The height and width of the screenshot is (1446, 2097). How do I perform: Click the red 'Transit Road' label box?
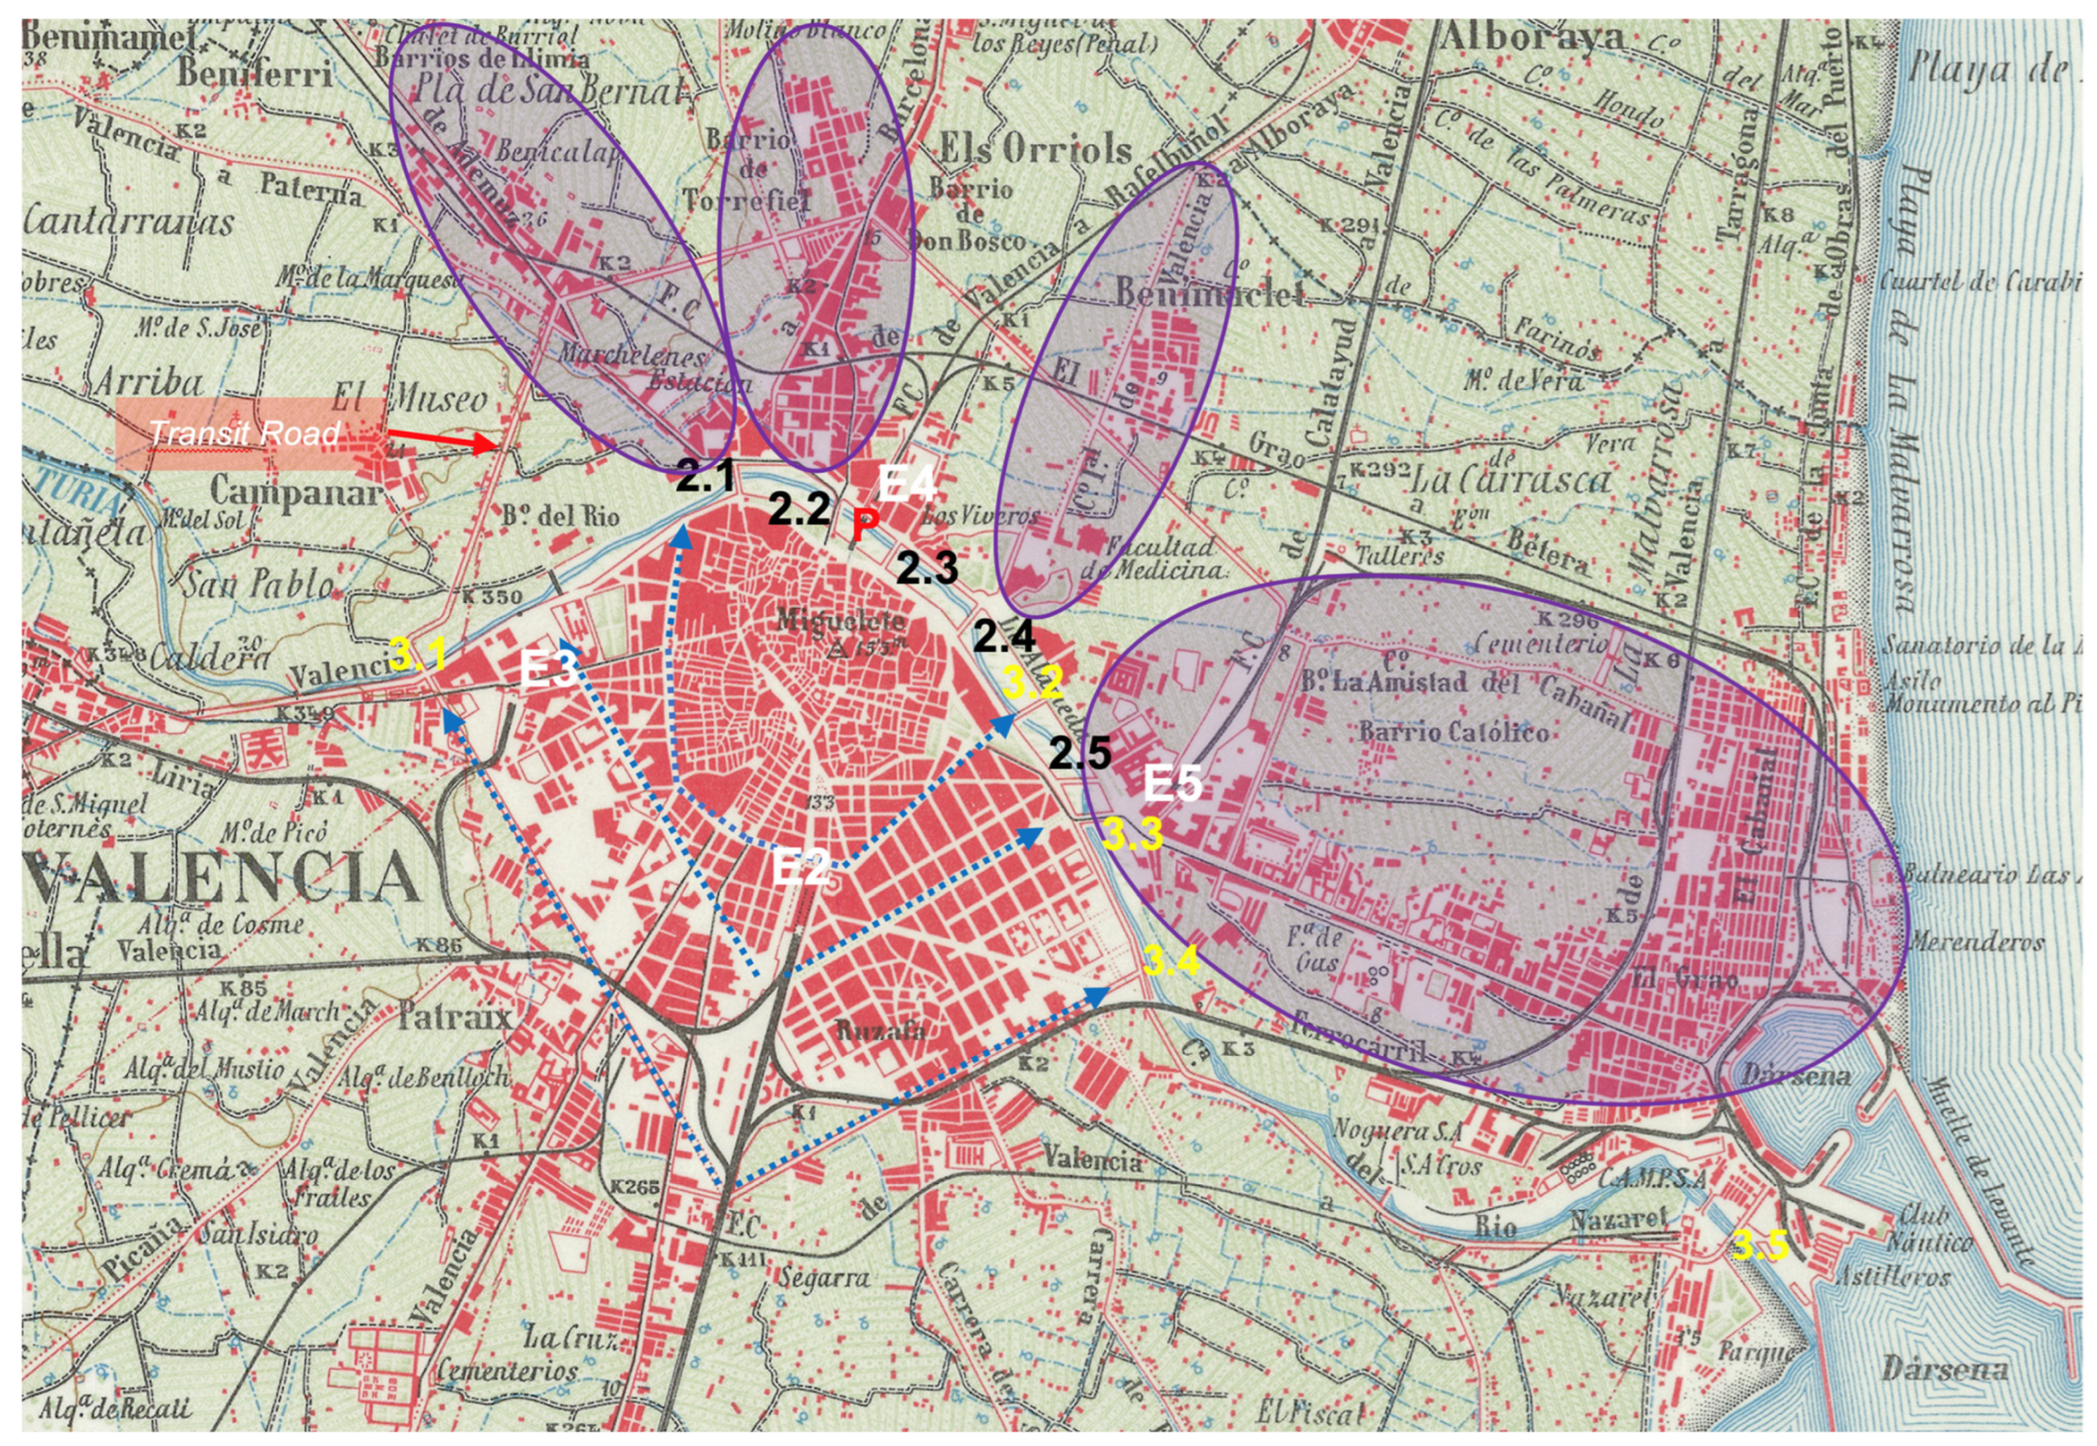click(x=249, y=433)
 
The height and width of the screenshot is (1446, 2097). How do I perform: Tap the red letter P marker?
click(x=864, y=527)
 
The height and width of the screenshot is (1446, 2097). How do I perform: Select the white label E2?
click(x=801, y=867)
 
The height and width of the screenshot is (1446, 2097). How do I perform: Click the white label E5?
click(x=1172, y=782)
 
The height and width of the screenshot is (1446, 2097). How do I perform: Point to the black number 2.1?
click(x=705, y=476)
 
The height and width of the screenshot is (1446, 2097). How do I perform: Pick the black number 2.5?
click(x=1079, y=752)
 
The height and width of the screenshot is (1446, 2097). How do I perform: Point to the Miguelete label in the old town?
click(x=840, y=620)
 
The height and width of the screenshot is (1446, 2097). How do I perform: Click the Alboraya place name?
click(x=1530, y=38)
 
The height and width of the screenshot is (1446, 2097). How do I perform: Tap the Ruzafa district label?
click(x=880, y=1031)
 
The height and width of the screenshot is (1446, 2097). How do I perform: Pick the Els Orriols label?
click(x=1035, y=148)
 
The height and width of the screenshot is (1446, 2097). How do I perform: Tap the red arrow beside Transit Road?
click(x=442, y=440)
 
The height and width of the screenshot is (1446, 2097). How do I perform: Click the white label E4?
click(x=907, y=484)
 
